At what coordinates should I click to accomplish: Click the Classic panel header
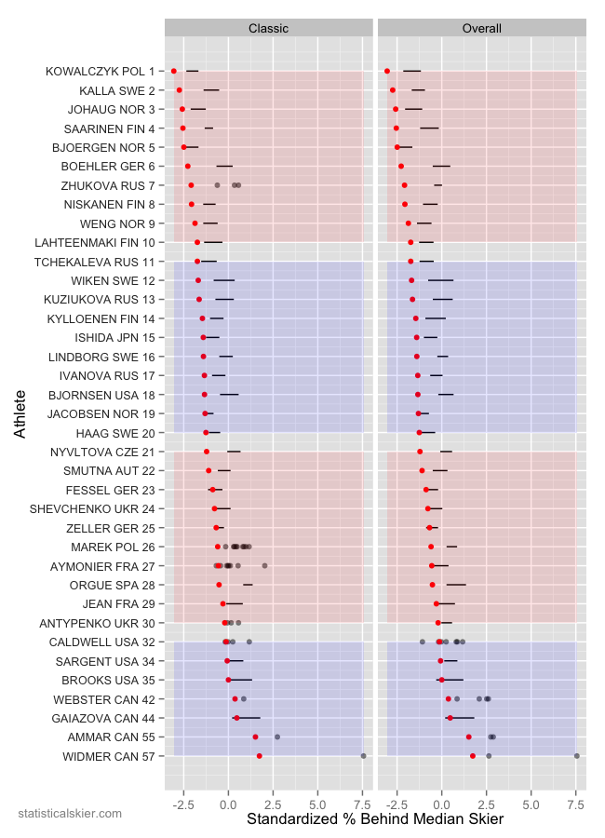click(x=268, y=29)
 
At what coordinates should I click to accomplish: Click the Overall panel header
click(x=482, y=29)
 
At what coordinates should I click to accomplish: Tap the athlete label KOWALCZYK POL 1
click(x=100, y=72)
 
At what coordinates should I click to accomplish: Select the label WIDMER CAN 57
click(x=110, y=756)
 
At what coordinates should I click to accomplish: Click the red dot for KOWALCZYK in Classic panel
click(x=174, y=71)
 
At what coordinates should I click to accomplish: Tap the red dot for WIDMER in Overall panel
click(x=473, y=756)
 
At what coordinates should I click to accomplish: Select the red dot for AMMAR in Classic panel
click(x=255, y=737)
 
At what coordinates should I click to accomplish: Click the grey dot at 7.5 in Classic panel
click(x=363, y=756)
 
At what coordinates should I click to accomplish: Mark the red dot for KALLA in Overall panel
click(x=393, y=90)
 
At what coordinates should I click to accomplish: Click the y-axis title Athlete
click(x=20, y=414)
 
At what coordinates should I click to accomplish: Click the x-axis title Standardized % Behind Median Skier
click(x=375, y=819)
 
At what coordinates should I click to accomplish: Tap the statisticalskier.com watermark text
click(x=70, y=814)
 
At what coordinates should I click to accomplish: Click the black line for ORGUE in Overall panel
click(x=456, y=585)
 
